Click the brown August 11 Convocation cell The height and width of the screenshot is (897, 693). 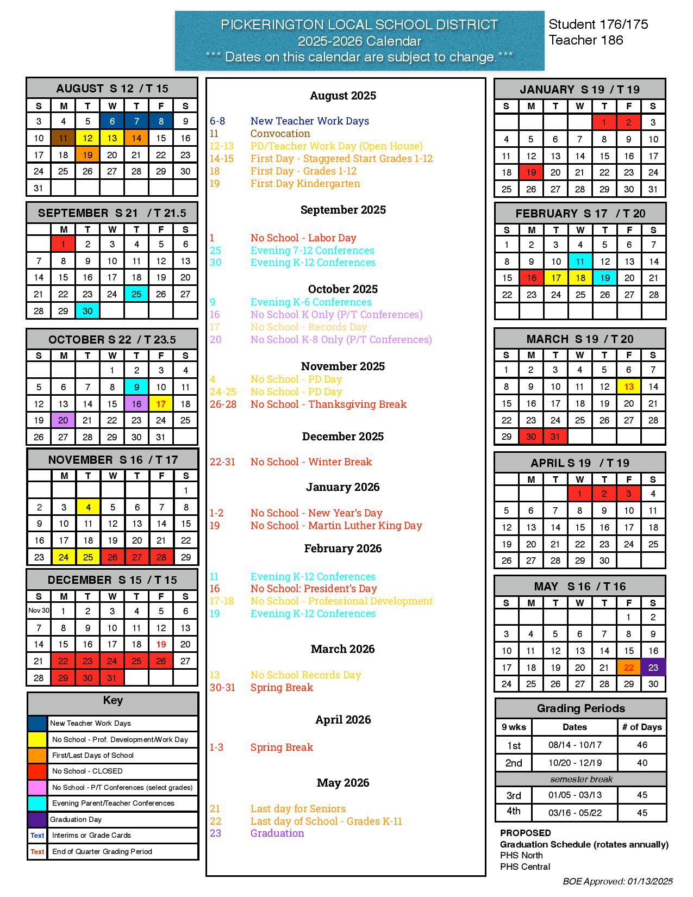[x=63, y=138]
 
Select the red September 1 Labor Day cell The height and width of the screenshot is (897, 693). [x=63, y=244]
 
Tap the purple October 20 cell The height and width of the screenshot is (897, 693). [x=63, y=420]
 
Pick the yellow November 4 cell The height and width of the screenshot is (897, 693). [x=88, y=507]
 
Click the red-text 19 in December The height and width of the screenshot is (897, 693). [x=161, y=644]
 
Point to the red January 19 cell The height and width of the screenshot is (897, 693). [x=531, y=172]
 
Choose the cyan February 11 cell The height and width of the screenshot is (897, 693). [x=580, y=261]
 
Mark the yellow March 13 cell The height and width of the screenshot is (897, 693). [x=629, y=387]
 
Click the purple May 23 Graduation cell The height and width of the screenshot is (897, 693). [x=653, y=667]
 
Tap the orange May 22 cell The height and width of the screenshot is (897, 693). [x=629, y=667]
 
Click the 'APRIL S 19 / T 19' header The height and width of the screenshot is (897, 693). [x=580, y=463]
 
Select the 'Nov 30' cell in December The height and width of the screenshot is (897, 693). [x=39, y=611]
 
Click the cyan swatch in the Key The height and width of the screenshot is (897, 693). [x=38, y=803]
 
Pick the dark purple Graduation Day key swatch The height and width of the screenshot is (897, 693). [x=38, y=819]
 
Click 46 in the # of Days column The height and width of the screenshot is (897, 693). [x=642, y=745]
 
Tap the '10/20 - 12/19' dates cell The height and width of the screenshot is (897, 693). [x=575, y=763]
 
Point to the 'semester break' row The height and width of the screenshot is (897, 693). [x=581, y=779]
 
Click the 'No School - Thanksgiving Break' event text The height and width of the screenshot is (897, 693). [x=328, y=404]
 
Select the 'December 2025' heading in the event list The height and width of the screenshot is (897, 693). [x=343, y=437]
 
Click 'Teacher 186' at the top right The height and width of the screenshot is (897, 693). [x=586, y=40]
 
